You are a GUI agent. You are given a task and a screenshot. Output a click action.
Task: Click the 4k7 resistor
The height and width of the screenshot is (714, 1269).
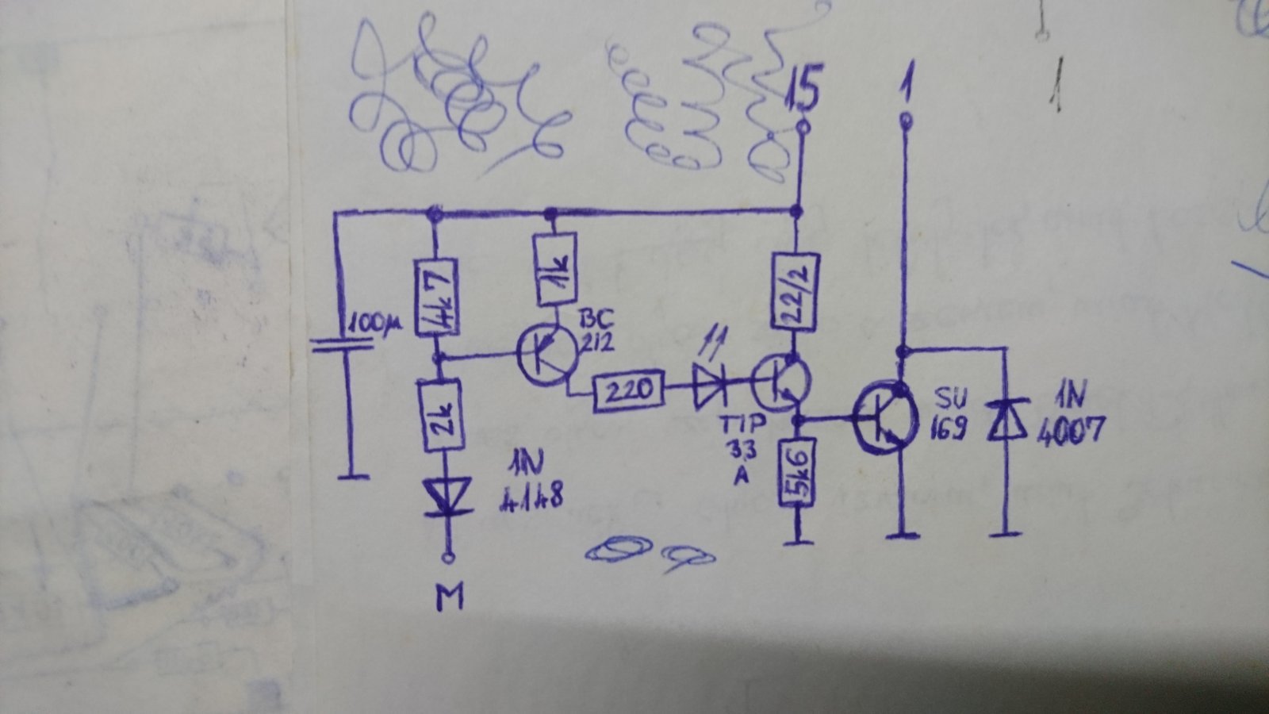pyautogui.click(x=435, y=297)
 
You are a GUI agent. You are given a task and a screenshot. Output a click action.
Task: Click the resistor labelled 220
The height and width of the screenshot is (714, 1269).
pyautogui.click(x=628, y=390)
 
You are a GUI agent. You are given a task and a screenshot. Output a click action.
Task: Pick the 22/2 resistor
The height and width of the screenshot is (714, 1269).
pyautogui.click(x=796, y=291)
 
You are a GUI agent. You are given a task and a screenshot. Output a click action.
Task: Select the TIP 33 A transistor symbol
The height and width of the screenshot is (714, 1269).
pyautogui.click(x=781, y=382)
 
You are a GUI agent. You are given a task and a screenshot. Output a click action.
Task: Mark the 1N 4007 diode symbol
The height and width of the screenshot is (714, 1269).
pyautogui.click(x=1006, y=420)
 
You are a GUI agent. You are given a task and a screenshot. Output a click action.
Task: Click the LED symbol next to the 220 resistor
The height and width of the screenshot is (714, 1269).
pyautogui.click(x=711, y=386)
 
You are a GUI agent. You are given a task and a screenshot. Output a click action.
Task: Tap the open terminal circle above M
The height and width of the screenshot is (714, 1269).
pyautogui.click(x=448, y=558)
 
